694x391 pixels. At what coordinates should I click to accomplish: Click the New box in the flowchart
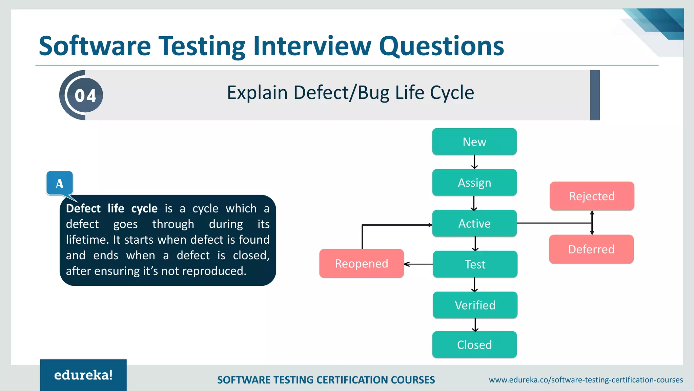click(474, 142)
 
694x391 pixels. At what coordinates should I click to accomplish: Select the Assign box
click(474, 183)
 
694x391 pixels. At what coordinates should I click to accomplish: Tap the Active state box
click(474, 223)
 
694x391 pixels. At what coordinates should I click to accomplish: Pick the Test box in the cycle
click(475, 264)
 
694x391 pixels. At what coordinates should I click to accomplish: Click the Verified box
click(475, 305)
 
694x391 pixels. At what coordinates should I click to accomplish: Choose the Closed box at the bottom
click(474, 345)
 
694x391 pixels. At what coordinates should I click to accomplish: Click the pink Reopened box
click(361, 263)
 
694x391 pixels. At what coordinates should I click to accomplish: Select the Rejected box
click(592, 196)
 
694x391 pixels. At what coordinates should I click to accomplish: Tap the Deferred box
click(591, 249)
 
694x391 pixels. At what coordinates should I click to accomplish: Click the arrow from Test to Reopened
click(419, 264)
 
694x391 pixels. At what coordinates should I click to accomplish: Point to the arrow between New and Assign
click(474, 162)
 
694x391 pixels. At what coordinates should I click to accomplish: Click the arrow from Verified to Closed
click(475, 325)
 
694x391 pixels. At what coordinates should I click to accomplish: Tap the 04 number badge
click(85, 95)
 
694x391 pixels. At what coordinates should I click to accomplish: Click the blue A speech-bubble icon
click(60, 183)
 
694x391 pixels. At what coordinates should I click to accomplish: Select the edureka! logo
click(83, 375)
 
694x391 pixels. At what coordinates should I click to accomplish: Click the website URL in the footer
click(586, 380)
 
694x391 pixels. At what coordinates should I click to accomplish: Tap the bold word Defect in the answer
click(83, 208)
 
